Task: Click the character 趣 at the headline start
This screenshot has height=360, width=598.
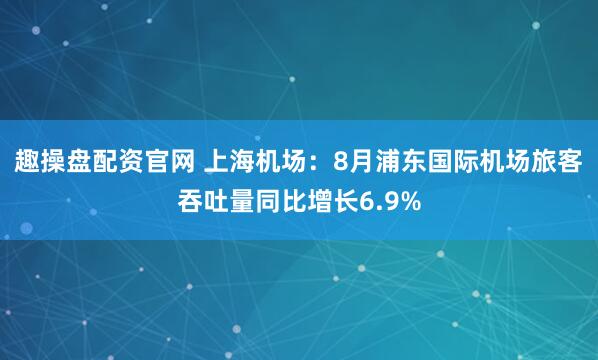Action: [x=26, y=162]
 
